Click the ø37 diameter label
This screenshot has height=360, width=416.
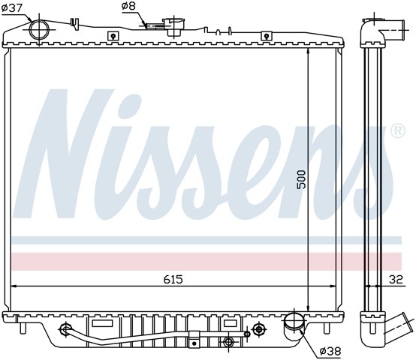[x=12, y=8]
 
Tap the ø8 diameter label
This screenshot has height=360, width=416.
[x=128, y=6]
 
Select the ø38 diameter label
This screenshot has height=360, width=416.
[x=330, y=351]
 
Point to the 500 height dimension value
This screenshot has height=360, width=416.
[x=301, y=179]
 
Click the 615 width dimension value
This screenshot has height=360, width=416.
[x=173, y=279]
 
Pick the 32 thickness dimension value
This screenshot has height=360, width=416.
[x=396, y=279]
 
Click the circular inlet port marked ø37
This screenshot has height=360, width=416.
[x=39, y=30]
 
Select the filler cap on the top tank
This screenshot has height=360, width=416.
[x=174, y=26]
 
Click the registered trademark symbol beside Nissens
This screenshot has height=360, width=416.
[x=398, y=130]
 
